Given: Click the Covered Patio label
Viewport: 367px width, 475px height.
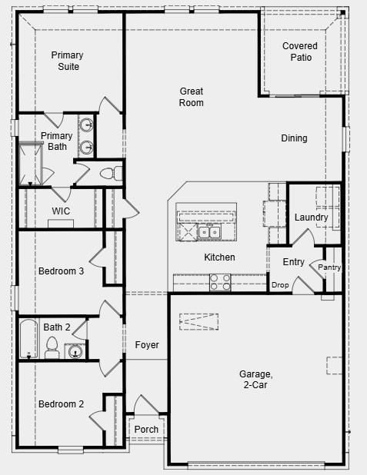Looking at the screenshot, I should tap(299, 51).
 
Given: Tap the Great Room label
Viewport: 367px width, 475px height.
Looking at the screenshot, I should tap(192, 97).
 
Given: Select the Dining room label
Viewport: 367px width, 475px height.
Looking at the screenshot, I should tap(294, 138).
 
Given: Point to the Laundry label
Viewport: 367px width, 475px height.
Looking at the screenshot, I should tap(311, 218).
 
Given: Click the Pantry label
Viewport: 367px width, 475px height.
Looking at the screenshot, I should tap(329, 267).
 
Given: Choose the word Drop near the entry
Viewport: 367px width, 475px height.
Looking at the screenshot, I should tap(280, 285).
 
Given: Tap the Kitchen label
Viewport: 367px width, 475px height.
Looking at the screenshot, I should tap(219, 257).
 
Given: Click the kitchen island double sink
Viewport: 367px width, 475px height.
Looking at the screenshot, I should tap(209, 232).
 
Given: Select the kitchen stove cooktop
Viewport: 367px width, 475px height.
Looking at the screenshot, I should tap(221, 282).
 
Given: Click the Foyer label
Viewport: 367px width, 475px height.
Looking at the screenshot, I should tap(147, 345).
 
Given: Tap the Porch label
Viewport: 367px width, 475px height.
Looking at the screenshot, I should tap(146, 430).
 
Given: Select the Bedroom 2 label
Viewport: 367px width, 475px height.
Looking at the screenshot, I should tap(61, 404).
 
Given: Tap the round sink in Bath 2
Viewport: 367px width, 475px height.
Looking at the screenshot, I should tap(75, 352).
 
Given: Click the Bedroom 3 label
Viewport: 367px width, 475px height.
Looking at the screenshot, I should tap(61, 271).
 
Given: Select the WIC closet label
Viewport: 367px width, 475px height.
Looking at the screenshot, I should tap(61, 211).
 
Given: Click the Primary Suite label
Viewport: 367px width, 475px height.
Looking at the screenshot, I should tap(67, 61).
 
